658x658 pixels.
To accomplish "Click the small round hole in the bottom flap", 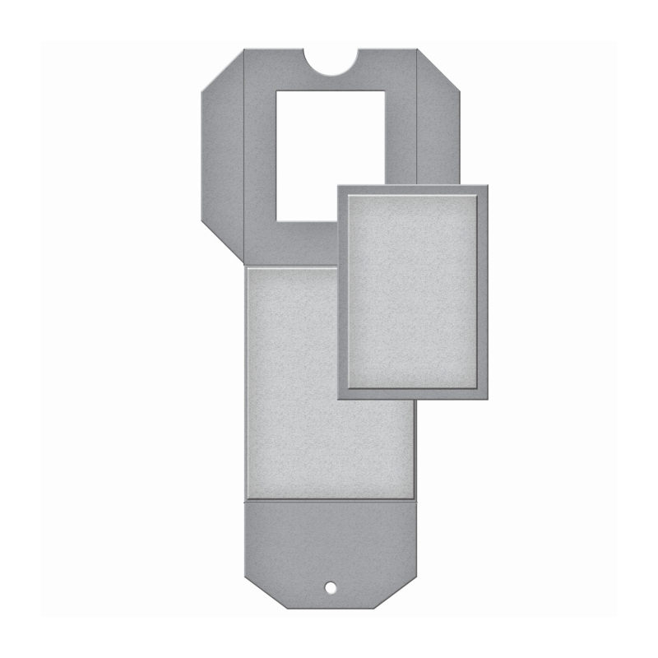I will point(330,587).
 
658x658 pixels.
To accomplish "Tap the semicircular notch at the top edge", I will point(331,62).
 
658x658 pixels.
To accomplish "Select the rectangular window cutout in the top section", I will point(330,155).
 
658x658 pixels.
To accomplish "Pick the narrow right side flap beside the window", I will point(438,123).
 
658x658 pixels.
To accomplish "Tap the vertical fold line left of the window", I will point(244,156).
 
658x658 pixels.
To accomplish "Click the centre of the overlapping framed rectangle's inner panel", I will point(413,291).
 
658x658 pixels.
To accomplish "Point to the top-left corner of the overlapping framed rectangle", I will point(339,187).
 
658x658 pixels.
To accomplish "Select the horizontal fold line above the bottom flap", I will point(330,499).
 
